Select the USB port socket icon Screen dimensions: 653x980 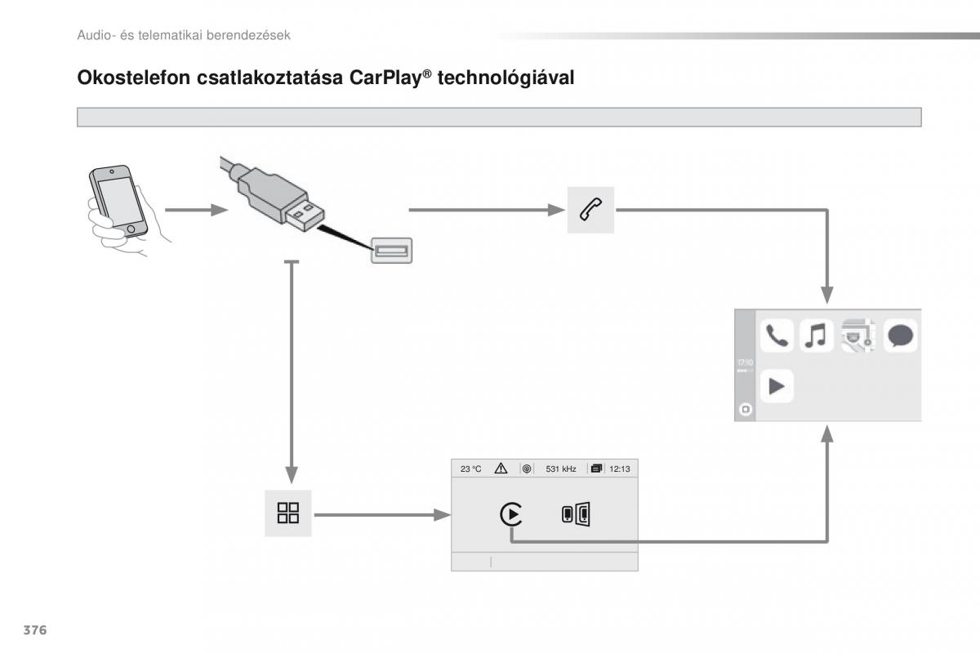(x=392, y=250)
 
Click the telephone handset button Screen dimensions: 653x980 (x=590, y=210)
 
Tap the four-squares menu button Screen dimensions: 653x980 (x=288, y=513)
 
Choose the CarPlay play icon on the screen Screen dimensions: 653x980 (x=511, y=514)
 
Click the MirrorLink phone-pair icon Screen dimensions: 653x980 (x=576, y=514)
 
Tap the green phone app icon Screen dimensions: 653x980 (x=777, y=336)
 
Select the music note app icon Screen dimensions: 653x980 (x=817, y=336)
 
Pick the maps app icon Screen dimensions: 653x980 (x=858, y=336)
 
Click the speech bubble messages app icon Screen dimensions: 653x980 (x=900, y=336)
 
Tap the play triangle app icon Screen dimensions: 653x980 (x=777, y=386)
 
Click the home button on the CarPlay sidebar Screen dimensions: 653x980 (x=744, y=410)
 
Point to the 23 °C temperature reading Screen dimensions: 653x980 (x=471, y=469)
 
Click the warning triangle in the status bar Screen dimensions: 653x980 (x=501, y=469)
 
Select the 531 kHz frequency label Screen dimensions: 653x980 (x=561, y=469)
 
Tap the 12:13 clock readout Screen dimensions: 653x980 (x=621, y=469)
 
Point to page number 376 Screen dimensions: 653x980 (x=34, y=631)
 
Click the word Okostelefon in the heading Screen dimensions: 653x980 (x=130, y=78)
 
